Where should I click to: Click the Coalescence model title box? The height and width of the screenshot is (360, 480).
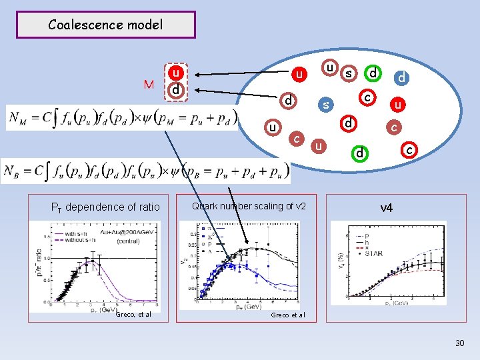(105, 25)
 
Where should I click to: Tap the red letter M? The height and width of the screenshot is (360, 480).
(149, 85)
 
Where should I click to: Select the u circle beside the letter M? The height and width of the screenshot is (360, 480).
(175, 72)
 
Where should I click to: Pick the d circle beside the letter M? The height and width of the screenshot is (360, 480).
(175, 89)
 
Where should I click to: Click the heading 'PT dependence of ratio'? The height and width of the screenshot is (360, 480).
(106, 207)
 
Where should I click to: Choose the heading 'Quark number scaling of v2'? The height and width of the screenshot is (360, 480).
(249, 206)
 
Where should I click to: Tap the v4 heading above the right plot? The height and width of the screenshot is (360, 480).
(387, 208)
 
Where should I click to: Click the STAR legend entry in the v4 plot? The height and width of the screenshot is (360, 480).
(377, 253)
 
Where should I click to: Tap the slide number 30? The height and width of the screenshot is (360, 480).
(459, 343)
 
